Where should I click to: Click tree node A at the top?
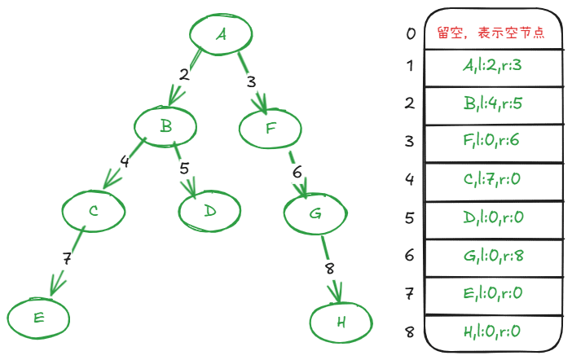pos(221,34)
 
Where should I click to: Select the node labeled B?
pos(166,126)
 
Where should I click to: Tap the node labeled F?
pos(271,127)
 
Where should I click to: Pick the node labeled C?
pos(95,211)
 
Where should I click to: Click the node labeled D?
pos(210,211)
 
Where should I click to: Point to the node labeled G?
pos(315,214)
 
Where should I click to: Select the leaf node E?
pos(39,318)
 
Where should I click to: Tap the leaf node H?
pos(341,322)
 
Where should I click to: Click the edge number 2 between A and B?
pos(184,75)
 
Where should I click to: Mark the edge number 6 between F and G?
pos(297,172)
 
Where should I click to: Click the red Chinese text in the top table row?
pos(490,34)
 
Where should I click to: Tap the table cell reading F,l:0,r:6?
pos(492,141)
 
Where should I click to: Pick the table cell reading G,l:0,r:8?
pos(492,256)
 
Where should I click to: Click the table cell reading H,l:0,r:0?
pos(492,331)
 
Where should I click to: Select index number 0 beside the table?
pos(411,34)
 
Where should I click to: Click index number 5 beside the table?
pos(411,217)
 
